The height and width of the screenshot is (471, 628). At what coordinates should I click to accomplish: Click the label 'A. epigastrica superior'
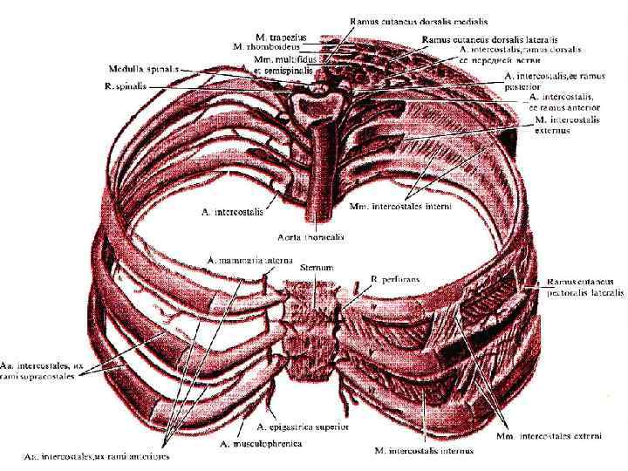(x=303, y=427)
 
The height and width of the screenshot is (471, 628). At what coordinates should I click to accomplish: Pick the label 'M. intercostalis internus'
(x=425, y=451)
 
